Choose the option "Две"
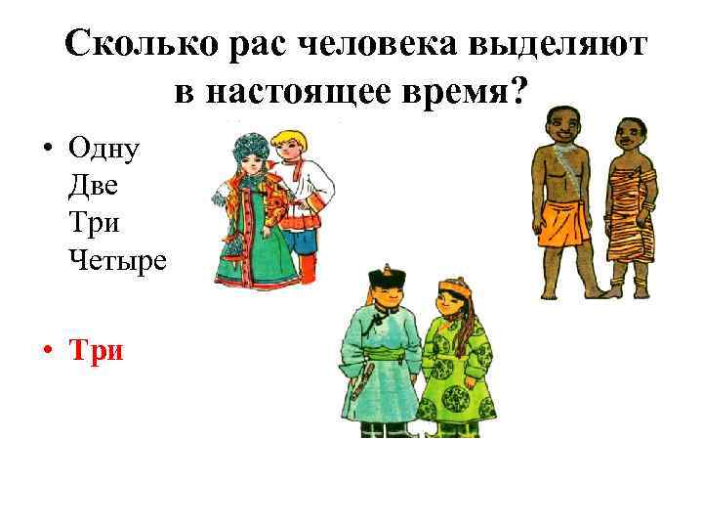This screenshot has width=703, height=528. click(x=95, y=187)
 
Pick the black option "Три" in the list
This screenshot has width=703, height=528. click(x=96, y=223)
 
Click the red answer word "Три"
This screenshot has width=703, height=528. click(x=97, y=350)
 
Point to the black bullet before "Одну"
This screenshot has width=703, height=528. click(x=47, y=152)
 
